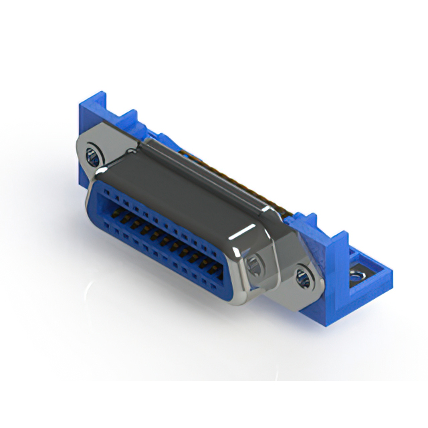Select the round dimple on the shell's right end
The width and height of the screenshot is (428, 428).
[253, 263]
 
